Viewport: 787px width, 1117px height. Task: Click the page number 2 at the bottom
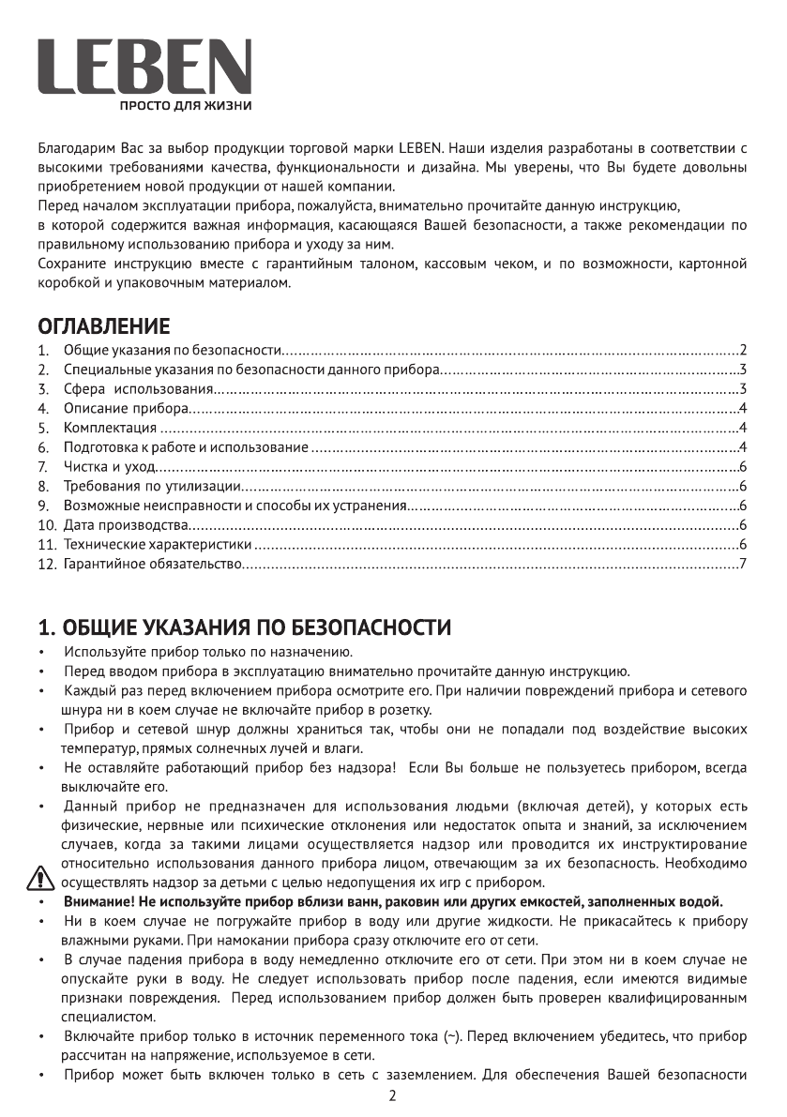[x=392, y=1096]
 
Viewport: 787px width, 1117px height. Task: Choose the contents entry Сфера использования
[x=139, y=389]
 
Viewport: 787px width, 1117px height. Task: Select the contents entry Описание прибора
[x=126, y=409]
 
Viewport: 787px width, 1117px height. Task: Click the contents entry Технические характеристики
[x=158, y=545]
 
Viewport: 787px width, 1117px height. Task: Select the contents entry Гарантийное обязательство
[x=153, y=564]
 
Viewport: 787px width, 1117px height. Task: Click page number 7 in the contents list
[x=742, y=564]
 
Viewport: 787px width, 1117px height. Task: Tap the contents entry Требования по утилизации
[x=153, y=486]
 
